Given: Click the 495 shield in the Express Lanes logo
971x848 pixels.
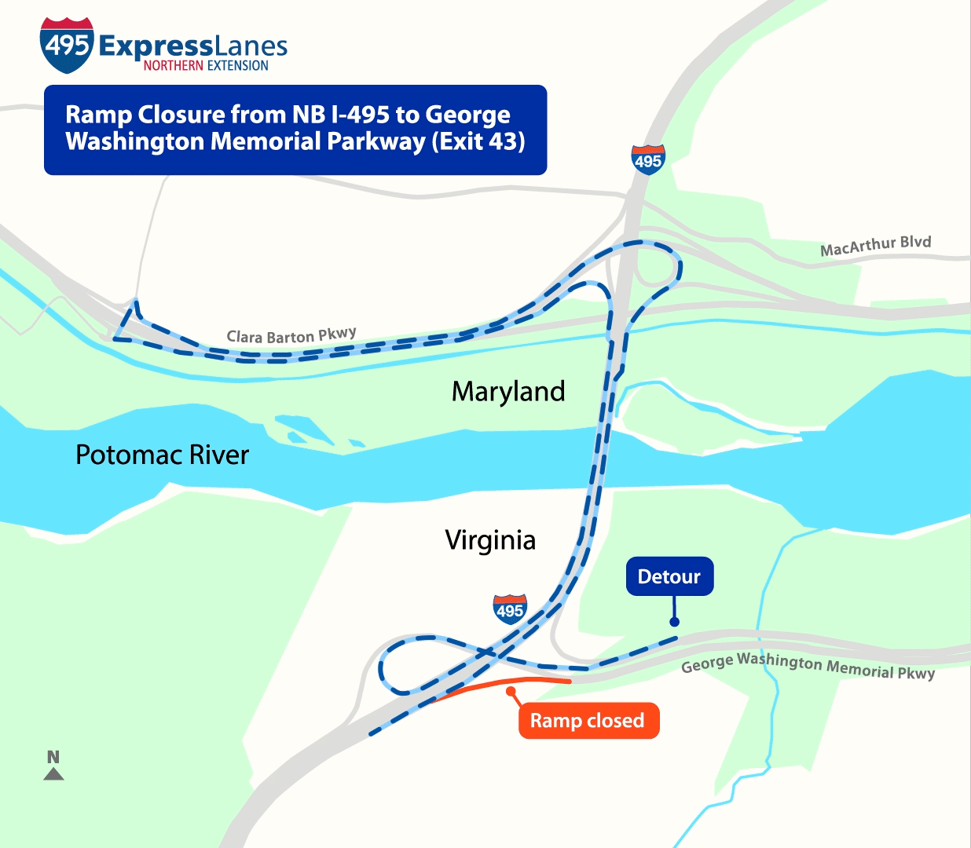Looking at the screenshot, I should [67, 45].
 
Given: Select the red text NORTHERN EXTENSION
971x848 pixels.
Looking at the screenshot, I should [206, 66].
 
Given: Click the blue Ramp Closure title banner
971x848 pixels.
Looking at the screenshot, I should [295, 130].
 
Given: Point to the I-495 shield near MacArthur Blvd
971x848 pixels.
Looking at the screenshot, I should [648, 160].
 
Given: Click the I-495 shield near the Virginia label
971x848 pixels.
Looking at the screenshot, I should [510, 609].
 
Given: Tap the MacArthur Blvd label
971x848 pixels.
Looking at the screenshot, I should [875, 246].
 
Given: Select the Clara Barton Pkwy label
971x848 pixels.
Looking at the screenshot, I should [291, 336].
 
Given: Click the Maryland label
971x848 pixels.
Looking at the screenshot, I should [508, 391].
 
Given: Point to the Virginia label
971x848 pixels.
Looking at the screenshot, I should [490, 540].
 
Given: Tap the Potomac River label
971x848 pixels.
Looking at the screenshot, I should [162, 455].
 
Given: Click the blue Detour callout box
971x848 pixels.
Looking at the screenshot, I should [669, 576].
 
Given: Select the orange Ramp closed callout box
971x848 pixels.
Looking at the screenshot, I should [588, 721].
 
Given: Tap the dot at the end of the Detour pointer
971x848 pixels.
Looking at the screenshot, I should [674, 622].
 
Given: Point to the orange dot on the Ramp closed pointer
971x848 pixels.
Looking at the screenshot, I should [511, 692].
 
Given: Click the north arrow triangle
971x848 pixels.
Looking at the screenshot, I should [53, 774].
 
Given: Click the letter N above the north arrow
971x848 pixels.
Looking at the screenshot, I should [53, 757].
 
